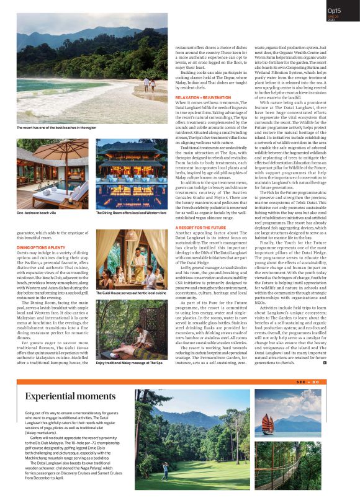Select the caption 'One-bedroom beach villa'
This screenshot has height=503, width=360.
coord(37,213)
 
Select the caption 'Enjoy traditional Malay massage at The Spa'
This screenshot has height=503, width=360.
coord(129,363)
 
